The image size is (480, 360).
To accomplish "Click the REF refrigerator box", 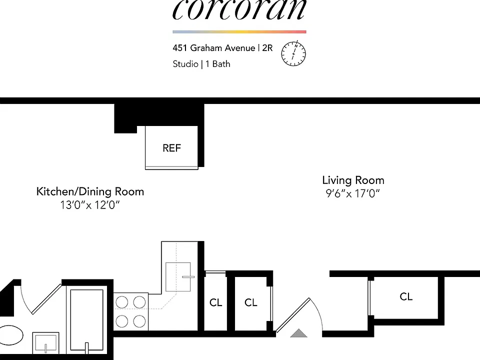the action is pos(171,147).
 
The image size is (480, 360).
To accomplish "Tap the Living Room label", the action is pos(353,180).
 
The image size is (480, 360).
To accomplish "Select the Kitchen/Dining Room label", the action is pos(90,191).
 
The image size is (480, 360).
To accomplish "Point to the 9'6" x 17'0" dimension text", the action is pos(352,193).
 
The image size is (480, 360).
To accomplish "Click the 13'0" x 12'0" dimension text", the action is pos(89,205).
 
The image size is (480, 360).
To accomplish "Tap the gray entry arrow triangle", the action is pos(298,333).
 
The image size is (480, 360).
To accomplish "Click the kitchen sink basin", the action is pos(178,276).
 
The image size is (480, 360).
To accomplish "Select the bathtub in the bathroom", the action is pos(86,319).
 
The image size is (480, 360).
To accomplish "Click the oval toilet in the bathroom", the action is pos(10,335).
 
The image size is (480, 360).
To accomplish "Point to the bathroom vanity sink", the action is pos(45,343).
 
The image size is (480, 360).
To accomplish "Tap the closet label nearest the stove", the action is pos(215,302).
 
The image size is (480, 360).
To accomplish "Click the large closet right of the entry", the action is pos(406,296).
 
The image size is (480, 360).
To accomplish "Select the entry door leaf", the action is pos(293,315).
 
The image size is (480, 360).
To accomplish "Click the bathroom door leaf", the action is pos(46,299).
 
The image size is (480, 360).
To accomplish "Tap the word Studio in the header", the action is pos(185,64).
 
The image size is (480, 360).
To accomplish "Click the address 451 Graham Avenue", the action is pos(213,48).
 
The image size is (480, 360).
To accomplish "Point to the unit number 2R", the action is pos(267,48).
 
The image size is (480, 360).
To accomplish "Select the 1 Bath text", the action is pos(217,64).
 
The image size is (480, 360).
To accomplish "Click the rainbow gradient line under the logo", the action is pos(239,32).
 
